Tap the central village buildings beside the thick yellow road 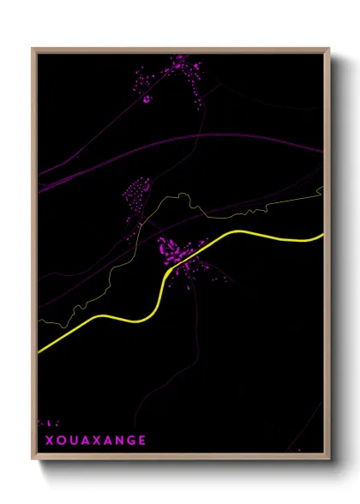point(180,253)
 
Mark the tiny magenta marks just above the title point(49,423)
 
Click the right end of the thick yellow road point(321,235)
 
